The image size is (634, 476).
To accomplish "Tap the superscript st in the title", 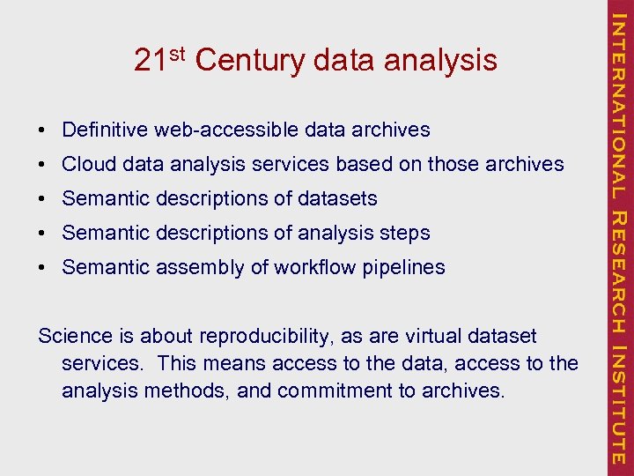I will click(176, 54).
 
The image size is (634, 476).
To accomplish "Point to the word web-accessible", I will click(227, 130).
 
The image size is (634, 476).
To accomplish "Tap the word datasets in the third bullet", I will click(338, 198).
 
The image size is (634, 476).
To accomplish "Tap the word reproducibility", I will click(276, 337).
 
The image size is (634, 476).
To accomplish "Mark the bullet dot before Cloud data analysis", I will click(42, 165).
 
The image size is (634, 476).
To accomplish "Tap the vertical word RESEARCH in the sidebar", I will click(619, 272).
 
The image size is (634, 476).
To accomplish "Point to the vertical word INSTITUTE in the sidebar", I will click(619, 405).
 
